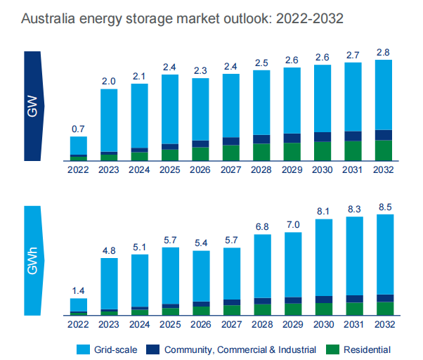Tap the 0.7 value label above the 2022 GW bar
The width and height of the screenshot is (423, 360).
click(x=78, y=129)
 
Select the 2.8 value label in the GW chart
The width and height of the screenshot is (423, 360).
click(x=384, y=51)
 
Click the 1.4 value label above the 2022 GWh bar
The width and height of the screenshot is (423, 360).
click(x=78, y=290)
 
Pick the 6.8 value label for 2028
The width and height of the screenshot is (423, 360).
click(x=261, y=226)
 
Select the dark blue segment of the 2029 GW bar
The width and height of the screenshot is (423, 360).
click(x=292, y=138)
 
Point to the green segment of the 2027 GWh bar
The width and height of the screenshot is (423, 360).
click(x=231, y=309)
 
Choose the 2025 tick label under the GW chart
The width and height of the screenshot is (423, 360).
click(x=170, y=170)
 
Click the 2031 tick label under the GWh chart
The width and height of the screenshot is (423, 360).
click(x=353, y=324)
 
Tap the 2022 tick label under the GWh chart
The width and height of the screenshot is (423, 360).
click(x=78, y=324)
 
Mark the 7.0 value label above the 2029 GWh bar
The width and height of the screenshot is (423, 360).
click(x=292, y=224)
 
